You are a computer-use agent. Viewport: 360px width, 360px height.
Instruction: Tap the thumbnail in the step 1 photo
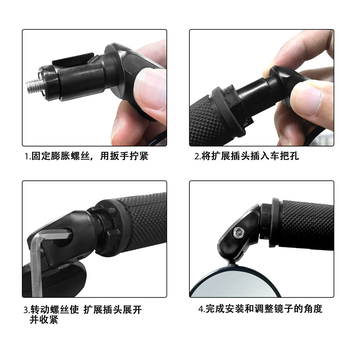[x=150, y=91]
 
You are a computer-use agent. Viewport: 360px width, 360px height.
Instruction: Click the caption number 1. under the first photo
[x=28, y=157]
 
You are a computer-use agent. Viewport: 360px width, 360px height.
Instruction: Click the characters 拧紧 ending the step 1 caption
[x=139, y=156]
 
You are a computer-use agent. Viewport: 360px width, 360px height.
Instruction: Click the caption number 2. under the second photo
[x=198, y=157]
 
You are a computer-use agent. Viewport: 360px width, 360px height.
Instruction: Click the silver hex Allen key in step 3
[x=44, y=260]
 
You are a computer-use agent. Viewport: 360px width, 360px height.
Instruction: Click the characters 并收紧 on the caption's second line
[x=44, y=320]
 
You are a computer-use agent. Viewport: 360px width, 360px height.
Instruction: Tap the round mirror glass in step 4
[x=237, y=284]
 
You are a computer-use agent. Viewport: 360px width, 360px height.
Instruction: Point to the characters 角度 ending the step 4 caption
[x=313, y=309]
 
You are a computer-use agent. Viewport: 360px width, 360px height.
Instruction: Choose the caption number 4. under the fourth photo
[x=202, y=309]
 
